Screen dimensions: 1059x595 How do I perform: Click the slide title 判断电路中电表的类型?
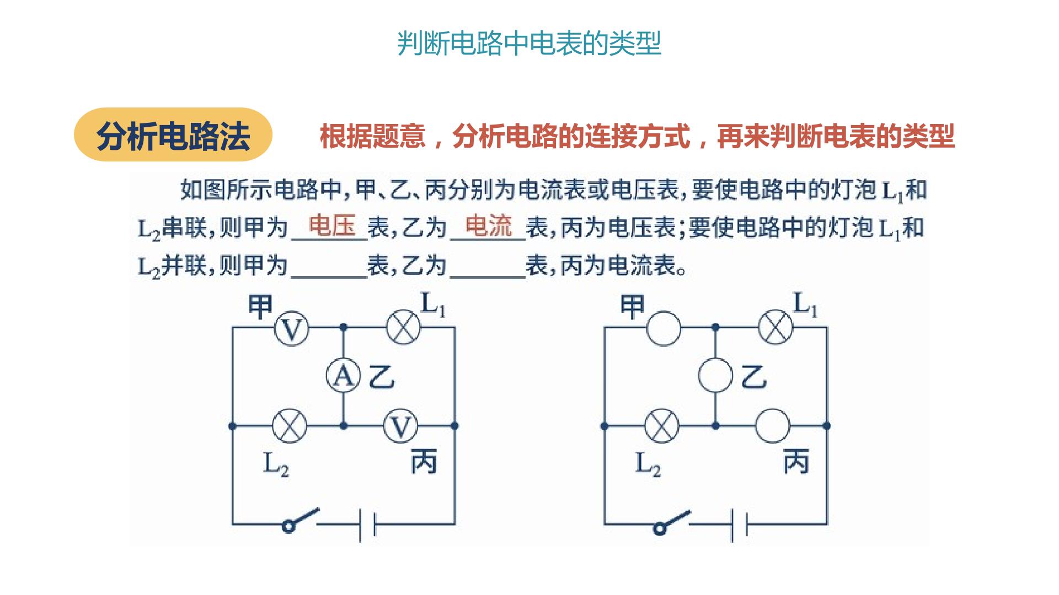coord(529,44)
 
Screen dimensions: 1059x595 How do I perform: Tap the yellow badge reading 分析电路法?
coord(173,135)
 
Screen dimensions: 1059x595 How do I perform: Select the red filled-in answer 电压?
coord(332,225)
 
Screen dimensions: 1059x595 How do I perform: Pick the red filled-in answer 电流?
coord(489,225)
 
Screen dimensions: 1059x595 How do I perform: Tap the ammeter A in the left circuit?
coord(343,376)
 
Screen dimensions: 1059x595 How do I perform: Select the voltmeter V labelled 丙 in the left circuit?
coord(400,426)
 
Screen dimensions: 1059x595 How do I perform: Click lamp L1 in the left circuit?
coord(403,328)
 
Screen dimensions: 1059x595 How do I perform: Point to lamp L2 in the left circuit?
coord(290,426)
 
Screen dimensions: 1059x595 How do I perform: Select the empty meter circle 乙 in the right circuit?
coord(715,376)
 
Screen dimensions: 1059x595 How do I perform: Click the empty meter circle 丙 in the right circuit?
coord(772,426)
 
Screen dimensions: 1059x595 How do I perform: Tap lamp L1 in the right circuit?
coord(775,328)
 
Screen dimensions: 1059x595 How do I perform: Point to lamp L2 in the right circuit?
coord(662,426)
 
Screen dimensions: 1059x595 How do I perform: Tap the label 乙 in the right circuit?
coord(753,377)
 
